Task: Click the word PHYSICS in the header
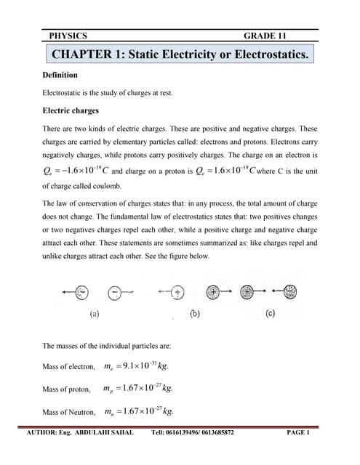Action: tap(68, 35)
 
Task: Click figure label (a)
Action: tap(94, 315)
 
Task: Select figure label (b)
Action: tap(195, 315)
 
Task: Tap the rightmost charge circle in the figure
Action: tap(290, 291)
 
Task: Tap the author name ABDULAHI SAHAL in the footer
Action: tap(109, 433)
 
